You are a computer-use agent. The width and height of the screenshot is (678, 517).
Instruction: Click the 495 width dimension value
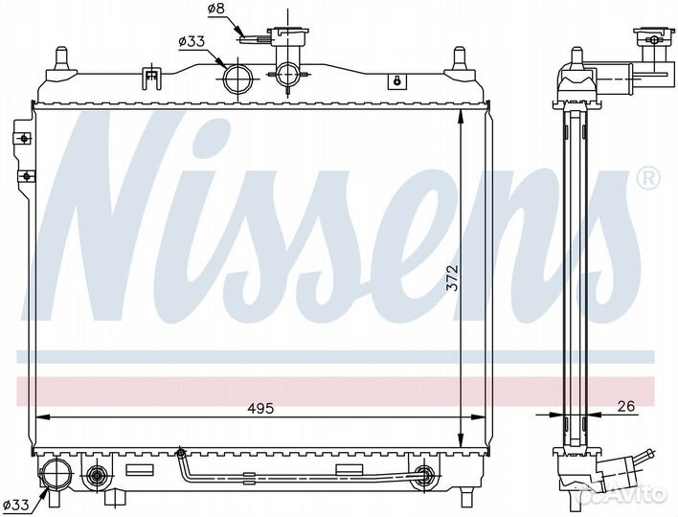261,409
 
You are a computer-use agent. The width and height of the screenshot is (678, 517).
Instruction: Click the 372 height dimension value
452,277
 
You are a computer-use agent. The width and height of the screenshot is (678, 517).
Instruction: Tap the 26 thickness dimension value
626,406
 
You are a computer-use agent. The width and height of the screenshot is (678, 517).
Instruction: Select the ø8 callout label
216,9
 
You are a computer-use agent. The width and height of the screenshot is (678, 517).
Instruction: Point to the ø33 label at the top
192,41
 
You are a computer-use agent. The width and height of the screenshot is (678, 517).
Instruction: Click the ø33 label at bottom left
16,504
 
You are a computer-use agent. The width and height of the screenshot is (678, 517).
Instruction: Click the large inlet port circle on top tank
237,78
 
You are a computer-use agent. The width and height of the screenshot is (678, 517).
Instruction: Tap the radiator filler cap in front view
288,34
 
